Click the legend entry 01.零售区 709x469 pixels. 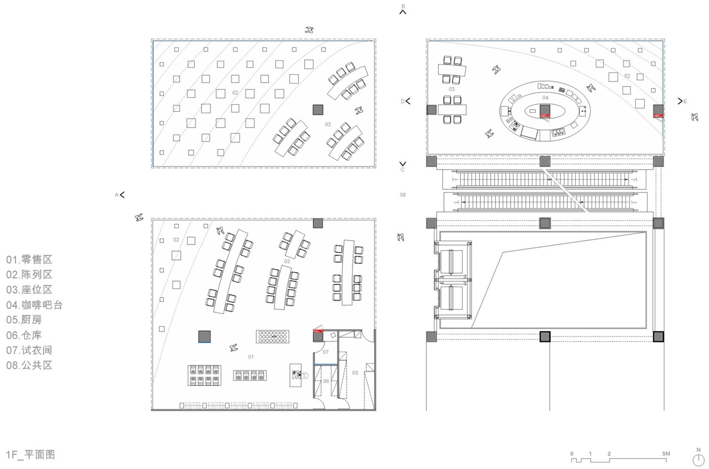[29, 259]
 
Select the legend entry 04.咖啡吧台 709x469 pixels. [34, 305]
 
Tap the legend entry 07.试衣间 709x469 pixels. [29, 350]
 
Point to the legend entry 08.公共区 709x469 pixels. [29, 365]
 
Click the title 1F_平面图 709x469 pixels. [30, 454]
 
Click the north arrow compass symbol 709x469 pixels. [698, 459]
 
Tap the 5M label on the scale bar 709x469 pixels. [666, 454]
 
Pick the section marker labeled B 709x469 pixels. [403, 10]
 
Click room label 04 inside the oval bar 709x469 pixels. [545, 98]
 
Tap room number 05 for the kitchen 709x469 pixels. [355, 373]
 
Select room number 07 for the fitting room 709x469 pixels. [326, 352]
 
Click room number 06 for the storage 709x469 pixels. [326, 381]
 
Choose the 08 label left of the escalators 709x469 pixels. [402, 195]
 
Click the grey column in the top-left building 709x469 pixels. [318, 110]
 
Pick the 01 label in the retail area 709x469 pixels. [251, 357]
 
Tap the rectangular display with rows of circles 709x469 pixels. [272, 336]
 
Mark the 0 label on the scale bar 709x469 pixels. [572, 454]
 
